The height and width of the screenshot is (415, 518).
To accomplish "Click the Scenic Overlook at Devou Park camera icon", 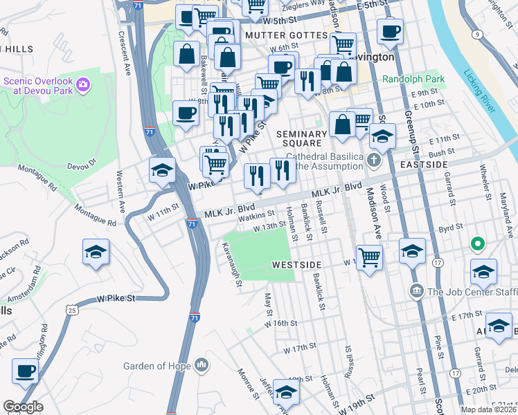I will coord(83,85).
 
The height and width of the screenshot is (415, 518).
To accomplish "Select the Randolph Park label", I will coord(413,80).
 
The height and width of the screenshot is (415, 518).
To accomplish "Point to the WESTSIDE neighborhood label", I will coord(296,265).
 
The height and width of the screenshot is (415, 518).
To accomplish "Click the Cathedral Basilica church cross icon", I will coord(374,161).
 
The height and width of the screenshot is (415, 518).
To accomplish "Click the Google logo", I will coord(24,407).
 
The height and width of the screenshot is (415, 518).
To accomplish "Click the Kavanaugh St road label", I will coord(231,263).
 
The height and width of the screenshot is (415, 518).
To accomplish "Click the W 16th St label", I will coord(282,323).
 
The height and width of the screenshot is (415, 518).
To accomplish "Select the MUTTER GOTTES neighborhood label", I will coord(285,35).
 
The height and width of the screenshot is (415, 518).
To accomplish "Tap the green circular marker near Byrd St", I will coord(477,244).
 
